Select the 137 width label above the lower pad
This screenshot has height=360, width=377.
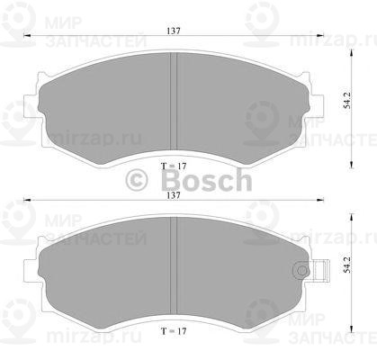pos(174,195)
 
